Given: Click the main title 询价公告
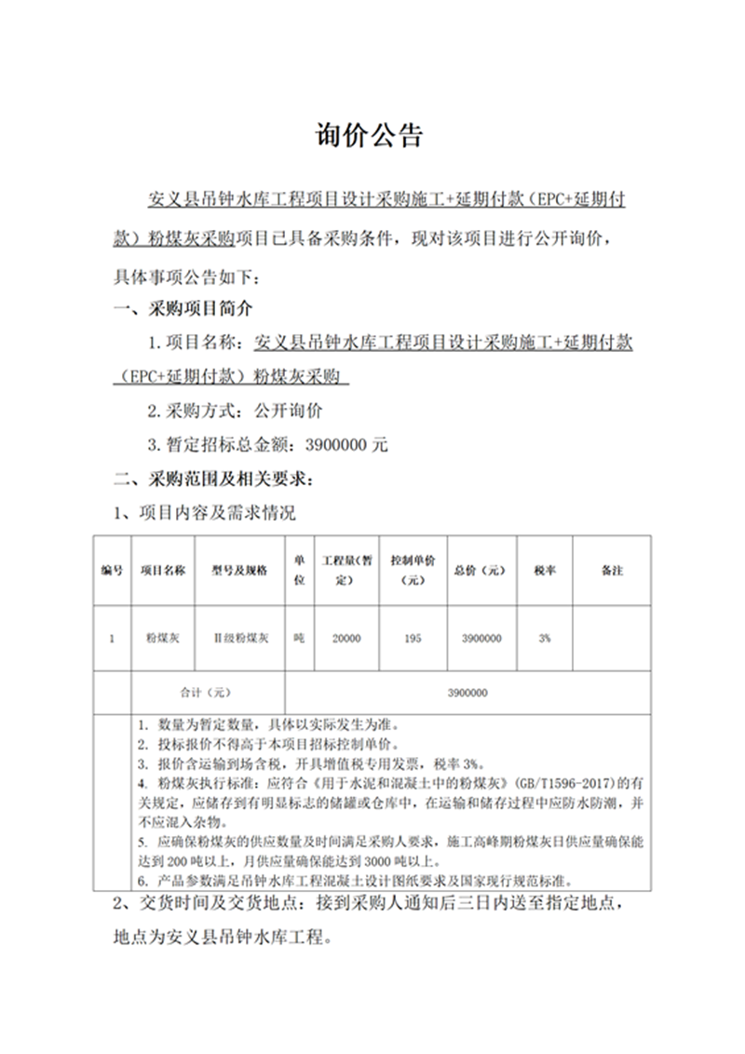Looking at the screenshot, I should tap(372, 136).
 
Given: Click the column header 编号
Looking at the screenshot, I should tap(112, 570).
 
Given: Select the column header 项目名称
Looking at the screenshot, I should tap(163, 570).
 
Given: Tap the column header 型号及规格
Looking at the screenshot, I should tap(240, 570).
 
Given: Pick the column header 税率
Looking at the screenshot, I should tap(545, 570).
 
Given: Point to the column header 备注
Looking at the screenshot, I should tap(612, 570).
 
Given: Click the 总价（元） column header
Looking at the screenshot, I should tap(481, 570).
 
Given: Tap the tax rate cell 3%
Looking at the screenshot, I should tap(545, 639).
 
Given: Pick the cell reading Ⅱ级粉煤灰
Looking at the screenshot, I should tap(240, 639).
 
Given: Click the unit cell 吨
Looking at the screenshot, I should tap(299, 639).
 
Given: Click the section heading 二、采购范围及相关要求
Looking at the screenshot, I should tap(213, 480).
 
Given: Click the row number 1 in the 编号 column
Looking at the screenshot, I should tap(112, 639).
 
